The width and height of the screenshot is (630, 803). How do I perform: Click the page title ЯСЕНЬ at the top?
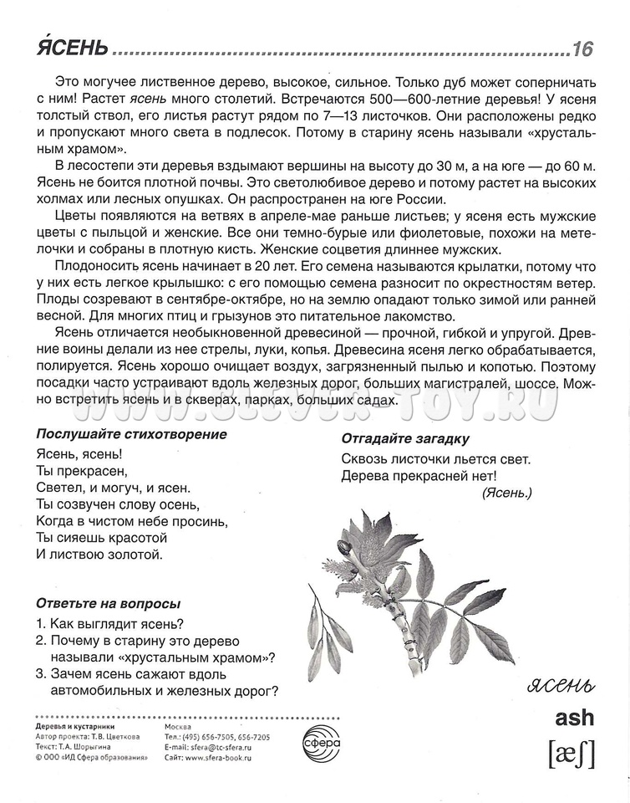click(x=72, y=48)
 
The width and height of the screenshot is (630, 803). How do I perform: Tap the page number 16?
click(x=582, y=49)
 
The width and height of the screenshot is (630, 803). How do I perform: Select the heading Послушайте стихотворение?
click(x=131, y=434)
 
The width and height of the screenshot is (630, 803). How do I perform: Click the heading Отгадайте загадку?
click(x=405, y=438)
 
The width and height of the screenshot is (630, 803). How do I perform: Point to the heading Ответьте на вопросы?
click(x=109, y=603)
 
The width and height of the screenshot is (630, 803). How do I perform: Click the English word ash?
click(x=574, y=717)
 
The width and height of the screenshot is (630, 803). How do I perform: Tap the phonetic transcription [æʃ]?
click(x=572, y=754)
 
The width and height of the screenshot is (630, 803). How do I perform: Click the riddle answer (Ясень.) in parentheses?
click(x=506, y=494)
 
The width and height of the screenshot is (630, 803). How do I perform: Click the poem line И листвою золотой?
click(x=99, y=554)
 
